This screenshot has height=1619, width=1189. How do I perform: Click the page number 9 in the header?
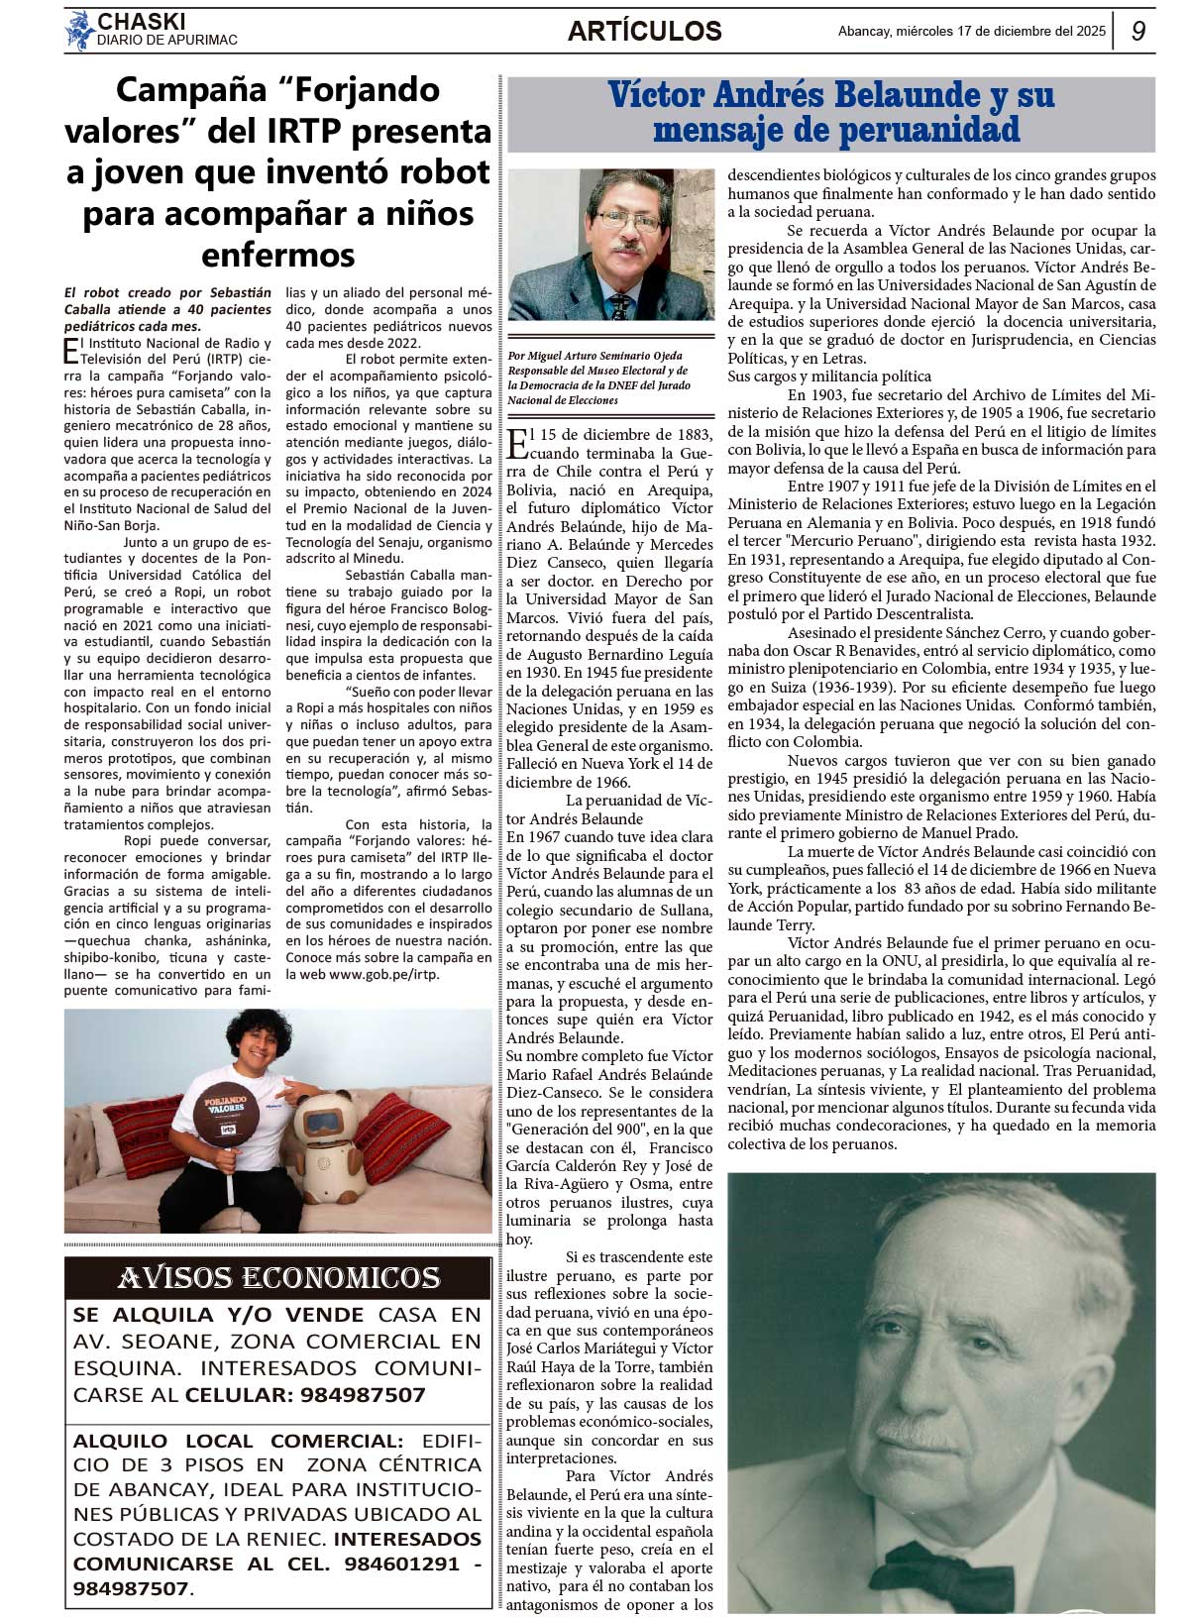pos(1138,31)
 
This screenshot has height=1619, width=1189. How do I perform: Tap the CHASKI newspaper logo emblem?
pos(79,31)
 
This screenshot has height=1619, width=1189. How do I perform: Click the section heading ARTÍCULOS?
pos(644,32)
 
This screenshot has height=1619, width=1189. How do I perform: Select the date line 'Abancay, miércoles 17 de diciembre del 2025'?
pos(971,31)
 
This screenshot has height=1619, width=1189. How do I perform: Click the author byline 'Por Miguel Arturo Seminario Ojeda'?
pos(594,356)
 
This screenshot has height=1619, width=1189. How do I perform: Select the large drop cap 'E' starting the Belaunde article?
pos(517,443)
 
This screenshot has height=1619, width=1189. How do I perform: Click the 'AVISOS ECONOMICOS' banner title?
pos(278,1278)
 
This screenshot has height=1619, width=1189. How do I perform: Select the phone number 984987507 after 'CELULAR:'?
pos(360,1395)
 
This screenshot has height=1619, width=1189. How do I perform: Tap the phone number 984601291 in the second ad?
pos(401,1565)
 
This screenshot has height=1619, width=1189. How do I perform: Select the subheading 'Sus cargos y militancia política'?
pos(829,377)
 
